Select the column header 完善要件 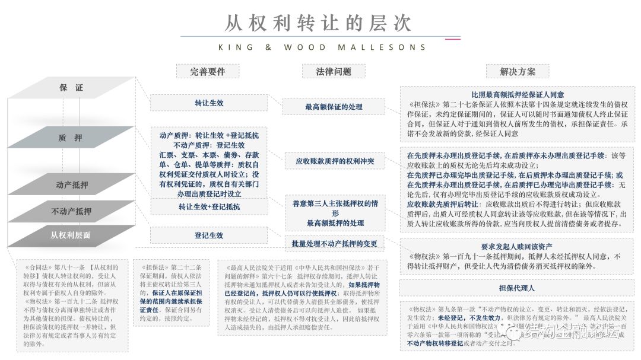point(207,72)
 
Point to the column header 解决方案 point(517,72)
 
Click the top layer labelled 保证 point(71,88)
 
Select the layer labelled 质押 point(71,138)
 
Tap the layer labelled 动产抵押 point(72,185)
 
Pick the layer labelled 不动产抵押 point(72,211)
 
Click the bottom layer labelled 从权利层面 point(71,235)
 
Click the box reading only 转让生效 point(209,103)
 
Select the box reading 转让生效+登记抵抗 point(209,206)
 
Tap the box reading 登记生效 point(209,235)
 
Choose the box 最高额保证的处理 point(334,107)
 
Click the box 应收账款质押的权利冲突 point(334,161)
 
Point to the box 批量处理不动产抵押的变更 point(334,244)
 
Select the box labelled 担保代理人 point(517,288)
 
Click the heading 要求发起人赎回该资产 point(517,246)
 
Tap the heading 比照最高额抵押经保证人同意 point(517,94)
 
